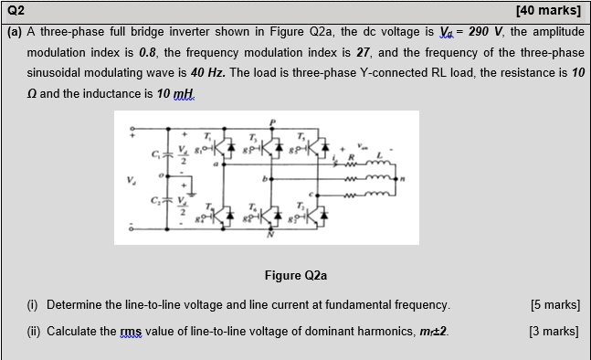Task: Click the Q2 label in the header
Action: pos(16,10)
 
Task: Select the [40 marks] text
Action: pos(548,11)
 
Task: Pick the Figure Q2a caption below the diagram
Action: pos(294,275)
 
